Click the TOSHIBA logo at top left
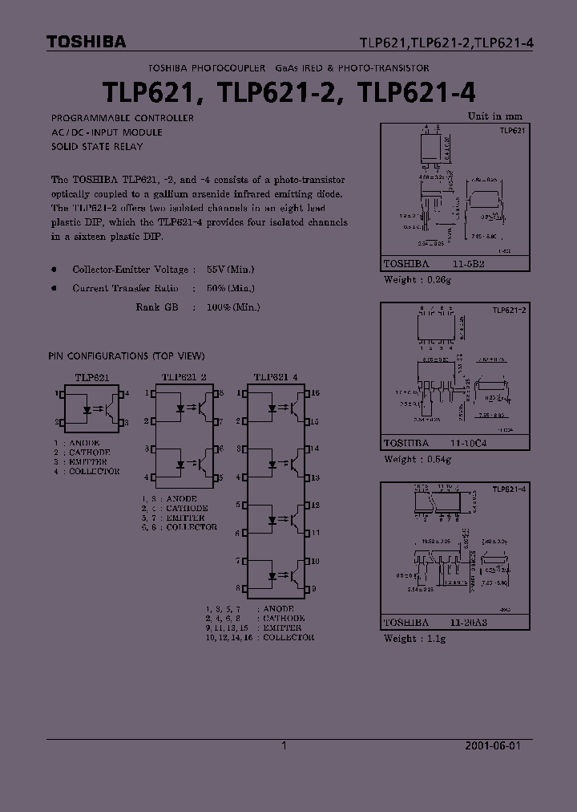point(86,43)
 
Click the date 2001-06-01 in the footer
point(492,745)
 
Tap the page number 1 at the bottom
point(284,745)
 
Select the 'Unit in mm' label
point(494,116)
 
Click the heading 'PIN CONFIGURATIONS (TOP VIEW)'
point(127,355)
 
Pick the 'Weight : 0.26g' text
point(417,280)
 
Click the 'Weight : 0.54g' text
point(418,460)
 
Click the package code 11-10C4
point(470,443)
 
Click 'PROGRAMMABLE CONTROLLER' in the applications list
point(122,118)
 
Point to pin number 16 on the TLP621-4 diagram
point(315,393)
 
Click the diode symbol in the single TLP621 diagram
point(86,408)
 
